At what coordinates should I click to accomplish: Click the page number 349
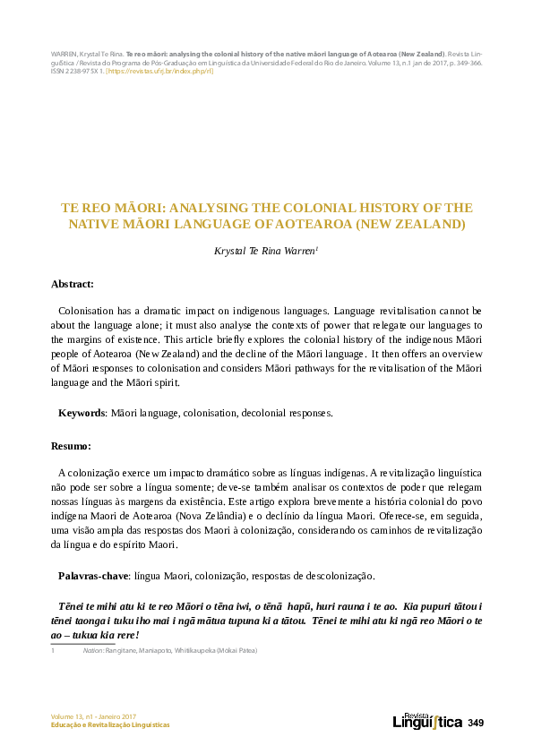pos(475,722)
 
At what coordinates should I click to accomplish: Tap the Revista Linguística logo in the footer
pos(427,721)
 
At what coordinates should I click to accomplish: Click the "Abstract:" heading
pos(73,284)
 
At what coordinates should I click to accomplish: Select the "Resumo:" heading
pos(71,445)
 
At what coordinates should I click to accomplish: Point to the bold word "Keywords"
pos(82,413)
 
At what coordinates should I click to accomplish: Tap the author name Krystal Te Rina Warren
pos(264,253)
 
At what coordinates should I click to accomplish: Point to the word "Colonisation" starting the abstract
pos(89,310)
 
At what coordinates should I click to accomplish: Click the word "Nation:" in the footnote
pos(93,650)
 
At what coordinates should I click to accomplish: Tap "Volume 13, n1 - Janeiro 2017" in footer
pos(93,716)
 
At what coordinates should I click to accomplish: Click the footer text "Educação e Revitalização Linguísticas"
pos(110,725)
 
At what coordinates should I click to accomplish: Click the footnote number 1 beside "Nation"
pos(53,650)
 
